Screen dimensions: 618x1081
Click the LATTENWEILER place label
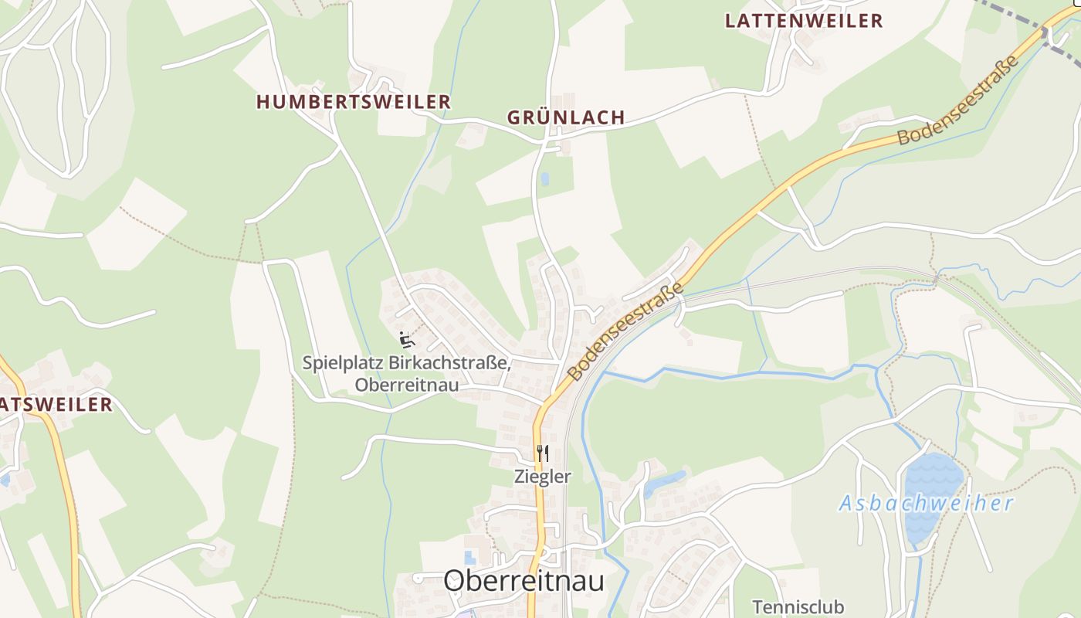(x=804, y=21)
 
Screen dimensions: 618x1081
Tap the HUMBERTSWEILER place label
(x=353, y=102)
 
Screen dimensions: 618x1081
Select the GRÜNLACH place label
(x=566, y=117)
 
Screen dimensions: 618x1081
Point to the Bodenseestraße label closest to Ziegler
(x=626, y=331)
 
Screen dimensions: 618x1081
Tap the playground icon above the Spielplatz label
(x=407, y=339)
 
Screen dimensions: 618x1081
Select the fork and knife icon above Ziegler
(x=542, y=453)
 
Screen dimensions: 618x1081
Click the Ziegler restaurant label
(x=543, y=477)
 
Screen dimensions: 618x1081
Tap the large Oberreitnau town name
(x=524, y=581)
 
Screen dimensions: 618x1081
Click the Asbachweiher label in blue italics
(x=926, y=504)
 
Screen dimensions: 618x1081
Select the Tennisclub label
(x=798, y=606)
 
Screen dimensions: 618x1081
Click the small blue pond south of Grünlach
(x=545, y=179)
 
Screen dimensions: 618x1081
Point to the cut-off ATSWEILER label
(x=56, y=404)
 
